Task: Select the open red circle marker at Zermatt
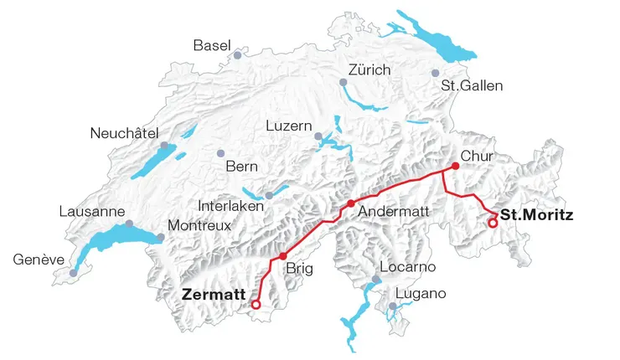pos(256,305)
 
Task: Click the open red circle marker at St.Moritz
pos(493,223)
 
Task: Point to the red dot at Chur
pos(456,166)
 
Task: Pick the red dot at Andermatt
pos(351,203)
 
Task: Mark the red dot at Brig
pos(283,255)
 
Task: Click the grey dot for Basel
pos(238,55)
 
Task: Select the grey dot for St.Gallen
pos(435,74)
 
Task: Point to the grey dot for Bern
pos(220,153)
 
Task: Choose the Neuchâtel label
pos(124,132)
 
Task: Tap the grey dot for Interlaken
pos(269,196)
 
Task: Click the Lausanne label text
pos(91,211)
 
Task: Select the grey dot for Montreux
pos(160,238)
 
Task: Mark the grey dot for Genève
pos(73,273)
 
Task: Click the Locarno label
pos(408,267)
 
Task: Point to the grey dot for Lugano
pos(392,306)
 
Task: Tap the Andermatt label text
pos(393,213)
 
